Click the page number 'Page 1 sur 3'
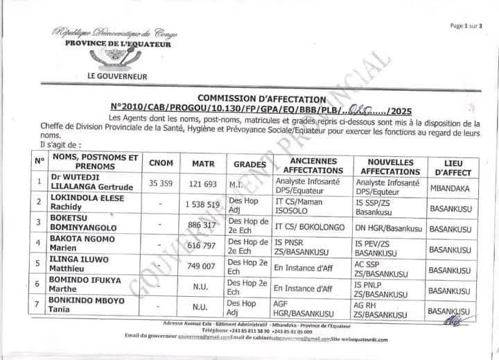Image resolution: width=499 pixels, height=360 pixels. (470, 25)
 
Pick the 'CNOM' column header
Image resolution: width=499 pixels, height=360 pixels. (161, 164)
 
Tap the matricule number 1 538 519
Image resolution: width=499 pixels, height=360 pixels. (202, 205)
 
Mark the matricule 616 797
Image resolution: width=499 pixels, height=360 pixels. (203, 248)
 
